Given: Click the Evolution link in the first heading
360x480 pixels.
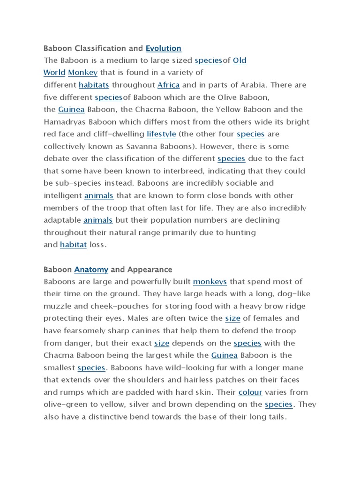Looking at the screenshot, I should click(163, 48).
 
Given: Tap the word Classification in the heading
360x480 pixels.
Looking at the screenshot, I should click(96, 48).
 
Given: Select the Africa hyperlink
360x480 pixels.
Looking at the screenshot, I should click(168, 85).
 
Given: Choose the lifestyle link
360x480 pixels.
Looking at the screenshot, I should click(161, 134).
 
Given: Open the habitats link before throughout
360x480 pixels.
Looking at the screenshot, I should click(94, 85).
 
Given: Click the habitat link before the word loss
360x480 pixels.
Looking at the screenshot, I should click(73, 244).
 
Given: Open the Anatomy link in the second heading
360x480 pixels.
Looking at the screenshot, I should click(91, 270).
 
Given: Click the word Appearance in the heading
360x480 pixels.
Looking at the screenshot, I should click(150, 270).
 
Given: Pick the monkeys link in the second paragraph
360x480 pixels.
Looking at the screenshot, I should click(210, 282).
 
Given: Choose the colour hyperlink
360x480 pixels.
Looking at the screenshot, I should click(250, 392).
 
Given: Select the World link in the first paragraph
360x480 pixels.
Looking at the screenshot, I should click(54, 73).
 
